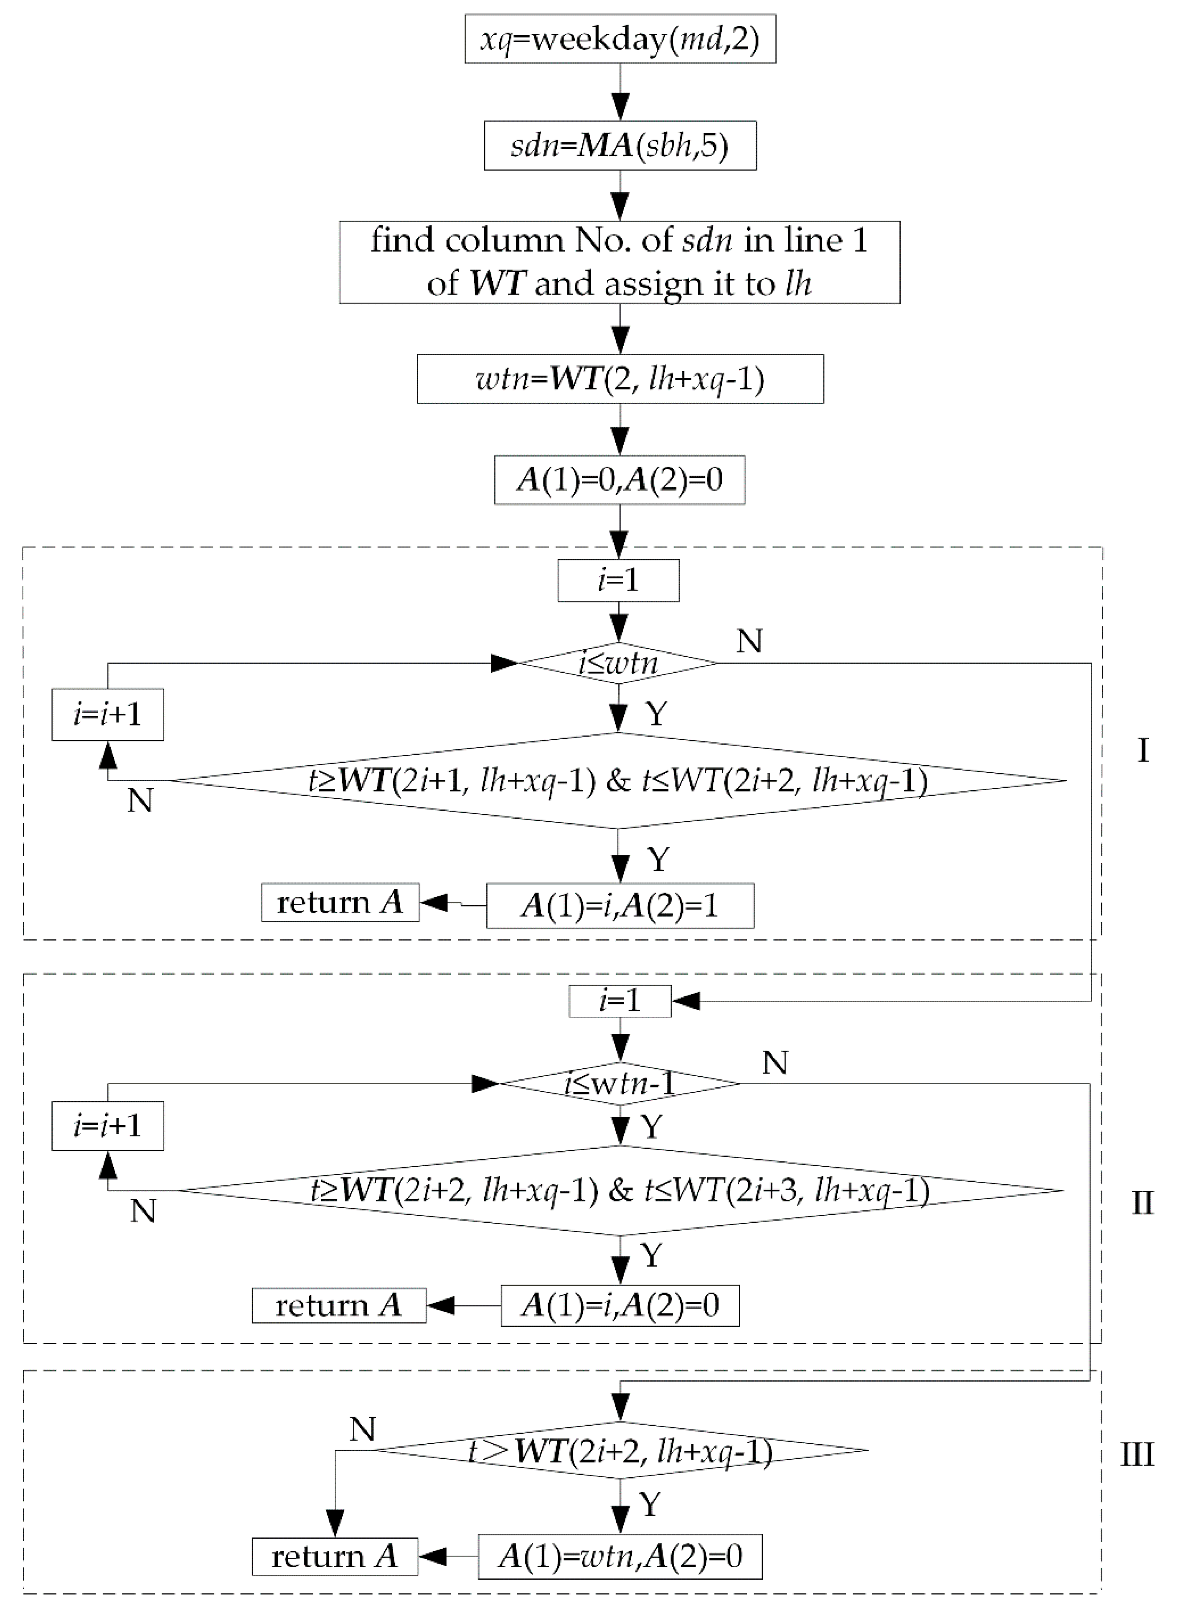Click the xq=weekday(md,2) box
click(x=620, y=38)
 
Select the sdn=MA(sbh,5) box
click(x=620, y=146)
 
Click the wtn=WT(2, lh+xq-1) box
click(x=620, y=379)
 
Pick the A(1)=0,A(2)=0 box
click(x=619, y=480)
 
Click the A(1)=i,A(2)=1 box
click(x=620, y=906)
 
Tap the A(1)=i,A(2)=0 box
click(x=620, y=1306)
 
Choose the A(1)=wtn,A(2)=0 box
click(x=620, y=1557)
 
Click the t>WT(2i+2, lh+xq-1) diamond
click(x=620, y=1451)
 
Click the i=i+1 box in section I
click(x=107, y=714)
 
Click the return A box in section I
click(x=340, y=902)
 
